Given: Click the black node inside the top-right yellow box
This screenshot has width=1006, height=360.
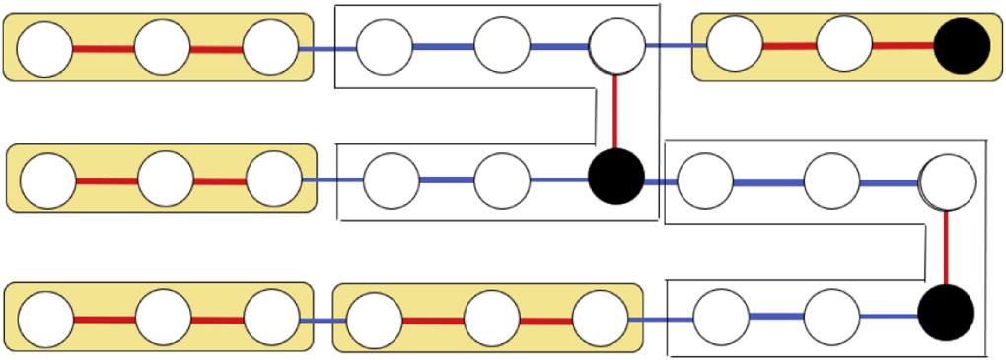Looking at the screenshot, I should coord(962,46).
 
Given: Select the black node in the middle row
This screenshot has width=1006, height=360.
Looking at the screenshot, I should coord(616,178).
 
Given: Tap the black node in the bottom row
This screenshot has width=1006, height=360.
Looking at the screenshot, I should coord(946,313).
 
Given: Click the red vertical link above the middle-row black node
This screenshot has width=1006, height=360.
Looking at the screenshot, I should coord(616,109).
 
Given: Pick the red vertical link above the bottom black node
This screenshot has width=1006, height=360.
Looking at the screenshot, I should coord(947,246).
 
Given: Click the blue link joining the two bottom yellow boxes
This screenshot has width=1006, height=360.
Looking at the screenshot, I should coord(323,321).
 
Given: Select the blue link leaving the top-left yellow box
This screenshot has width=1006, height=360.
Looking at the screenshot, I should coord(326,48).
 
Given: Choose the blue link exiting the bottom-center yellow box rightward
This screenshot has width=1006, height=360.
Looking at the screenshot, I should coord(660,320).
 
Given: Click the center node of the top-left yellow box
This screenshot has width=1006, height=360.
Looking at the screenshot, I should coord(162,47).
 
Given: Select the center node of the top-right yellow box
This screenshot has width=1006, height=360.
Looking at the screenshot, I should coord(844,44).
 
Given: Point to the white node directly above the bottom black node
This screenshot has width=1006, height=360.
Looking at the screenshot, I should coord(948,180).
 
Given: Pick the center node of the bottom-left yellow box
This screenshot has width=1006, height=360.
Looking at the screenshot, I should coord(164,319).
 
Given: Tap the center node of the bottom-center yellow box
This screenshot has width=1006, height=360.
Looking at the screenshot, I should coord(491,320).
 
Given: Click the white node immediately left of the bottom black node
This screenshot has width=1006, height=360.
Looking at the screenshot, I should coord(831,317).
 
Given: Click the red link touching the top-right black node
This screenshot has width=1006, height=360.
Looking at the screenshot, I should coord(902,45).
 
